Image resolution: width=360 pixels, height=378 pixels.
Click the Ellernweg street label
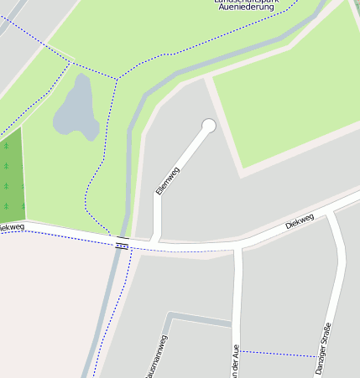[x=168, y=180]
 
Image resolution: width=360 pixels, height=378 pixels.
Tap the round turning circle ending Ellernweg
[x=209, y=126]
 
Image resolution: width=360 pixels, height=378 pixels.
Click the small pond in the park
[x=76, y=109]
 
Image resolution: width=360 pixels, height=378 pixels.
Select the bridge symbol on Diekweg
[x=123, y=243]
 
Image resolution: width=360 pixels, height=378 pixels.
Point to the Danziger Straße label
[x=323, y=348]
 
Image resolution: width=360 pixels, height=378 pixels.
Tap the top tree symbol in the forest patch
[x=6, y=146]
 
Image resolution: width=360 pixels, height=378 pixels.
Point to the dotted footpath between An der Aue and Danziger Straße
[x=281, y=354]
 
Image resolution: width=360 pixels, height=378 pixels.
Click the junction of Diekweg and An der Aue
[x=237, y=246]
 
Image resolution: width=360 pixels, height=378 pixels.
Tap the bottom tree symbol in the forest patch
[x=6, y=206]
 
